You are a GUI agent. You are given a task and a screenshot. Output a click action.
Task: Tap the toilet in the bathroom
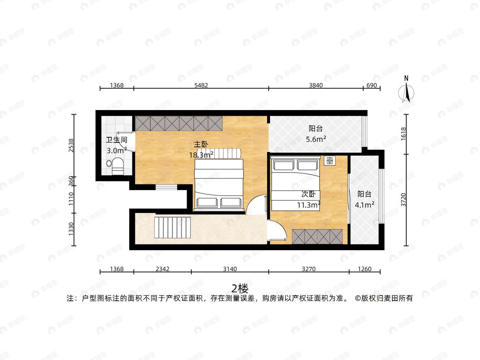pyautogui.click(x=117, y=166)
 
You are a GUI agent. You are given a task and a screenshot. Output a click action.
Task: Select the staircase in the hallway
pyautogui.click(x=173, y=228)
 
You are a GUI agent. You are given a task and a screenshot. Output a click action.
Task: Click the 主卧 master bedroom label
pyautogui.click(x=201, y=144)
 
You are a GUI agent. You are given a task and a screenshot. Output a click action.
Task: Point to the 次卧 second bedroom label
pyautogui.click(x=309, y=194)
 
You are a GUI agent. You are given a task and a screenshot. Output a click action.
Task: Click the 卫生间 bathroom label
pyautogui.click(x=116, y=140)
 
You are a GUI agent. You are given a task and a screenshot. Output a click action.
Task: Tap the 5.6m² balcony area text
pyautogui.click(x=316, y=139)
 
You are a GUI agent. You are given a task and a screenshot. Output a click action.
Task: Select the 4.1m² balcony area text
pyautogui.click(x=364, y=205)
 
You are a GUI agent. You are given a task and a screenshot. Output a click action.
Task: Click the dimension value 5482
pyautogui.click(x=201, y=85)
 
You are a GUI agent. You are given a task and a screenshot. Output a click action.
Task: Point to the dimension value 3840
pyautogui.click(x=316, y=85)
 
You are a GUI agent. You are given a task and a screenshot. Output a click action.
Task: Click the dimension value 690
pyautogui.click(x=372, y=85)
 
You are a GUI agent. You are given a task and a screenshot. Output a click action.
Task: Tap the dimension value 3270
pyautogui.click(x=309, y=269)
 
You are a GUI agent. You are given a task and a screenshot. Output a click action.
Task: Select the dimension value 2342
pyautogui.click(x=162, y=269)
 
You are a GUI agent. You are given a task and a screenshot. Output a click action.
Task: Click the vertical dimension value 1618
pyautogui.click(x=404, y=134)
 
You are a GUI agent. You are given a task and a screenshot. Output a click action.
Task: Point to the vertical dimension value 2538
pyautogui.click(x=71, y=145)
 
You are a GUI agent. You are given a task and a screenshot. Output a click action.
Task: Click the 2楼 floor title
pyautogui.click(x=240, y=289)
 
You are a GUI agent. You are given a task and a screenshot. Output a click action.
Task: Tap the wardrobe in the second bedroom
pyautogui.click(x=317, y=236)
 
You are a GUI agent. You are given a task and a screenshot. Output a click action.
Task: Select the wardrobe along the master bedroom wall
pyautogui.click(x=179, y=124)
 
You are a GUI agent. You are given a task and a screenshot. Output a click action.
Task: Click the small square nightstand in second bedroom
pyautogui.click(x=330, y=161)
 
